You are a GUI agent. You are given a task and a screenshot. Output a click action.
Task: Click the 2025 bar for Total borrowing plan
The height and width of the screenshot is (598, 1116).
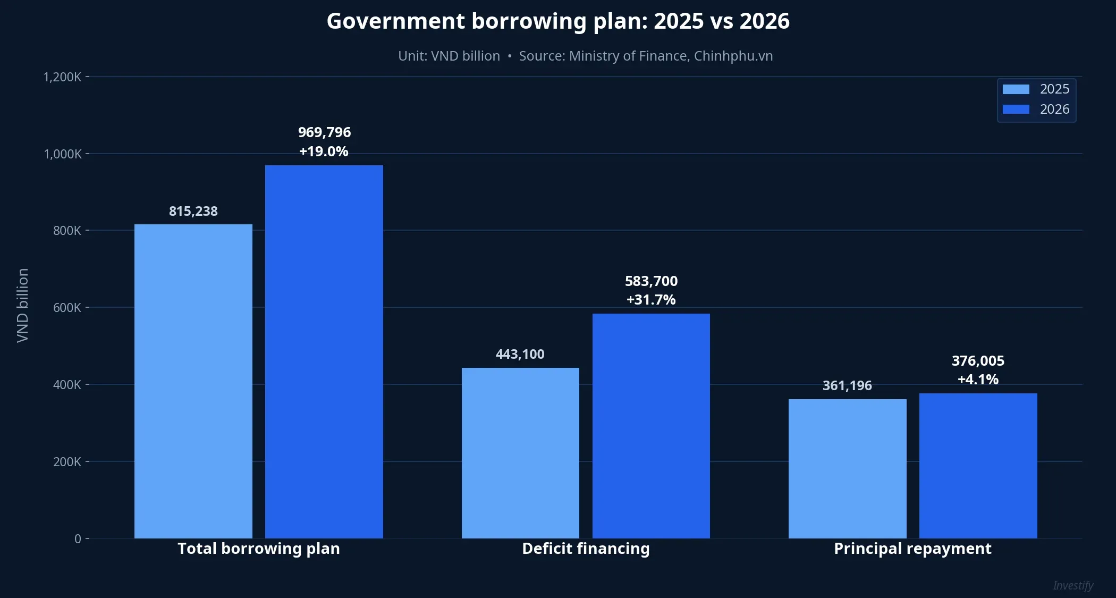(193, 381)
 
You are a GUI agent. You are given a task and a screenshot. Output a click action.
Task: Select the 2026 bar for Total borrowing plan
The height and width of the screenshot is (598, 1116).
(324, 351)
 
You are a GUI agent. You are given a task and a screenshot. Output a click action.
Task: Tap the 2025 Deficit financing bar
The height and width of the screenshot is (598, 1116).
(520, 453)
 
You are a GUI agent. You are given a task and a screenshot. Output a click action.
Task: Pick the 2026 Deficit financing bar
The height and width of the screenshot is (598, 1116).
(651, 426)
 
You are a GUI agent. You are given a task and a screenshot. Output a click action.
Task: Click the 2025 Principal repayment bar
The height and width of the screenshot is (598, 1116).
(847, 468)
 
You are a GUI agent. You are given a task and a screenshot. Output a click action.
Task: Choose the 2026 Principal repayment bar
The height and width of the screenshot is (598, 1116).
(978, 466)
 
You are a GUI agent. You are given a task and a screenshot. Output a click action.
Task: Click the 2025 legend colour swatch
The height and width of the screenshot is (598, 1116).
(1016, 89)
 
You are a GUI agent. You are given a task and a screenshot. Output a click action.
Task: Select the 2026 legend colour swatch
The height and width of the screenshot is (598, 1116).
(1016, 110)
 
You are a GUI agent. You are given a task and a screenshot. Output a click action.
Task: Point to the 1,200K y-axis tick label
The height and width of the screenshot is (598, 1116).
(62, 77)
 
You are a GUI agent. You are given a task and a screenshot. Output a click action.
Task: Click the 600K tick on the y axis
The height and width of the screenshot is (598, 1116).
(67, 308)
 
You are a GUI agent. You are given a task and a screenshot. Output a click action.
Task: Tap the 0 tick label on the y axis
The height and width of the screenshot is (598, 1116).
(78, 539)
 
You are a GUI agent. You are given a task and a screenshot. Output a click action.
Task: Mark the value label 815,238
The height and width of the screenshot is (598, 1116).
(193, 212)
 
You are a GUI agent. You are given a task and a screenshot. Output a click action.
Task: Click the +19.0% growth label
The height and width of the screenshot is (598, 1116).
(324, 151)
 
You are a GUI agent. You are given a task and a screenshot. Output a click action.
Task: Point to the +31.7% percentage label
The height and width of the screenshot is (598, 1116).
(651, 300)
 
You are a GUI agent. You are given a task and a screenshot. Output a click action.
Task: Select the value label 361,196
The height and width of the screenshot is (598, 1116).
(847, 386)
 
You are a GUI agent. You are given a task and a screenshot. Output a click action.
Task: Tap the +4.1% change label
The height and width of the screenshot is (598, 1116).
(978, 380)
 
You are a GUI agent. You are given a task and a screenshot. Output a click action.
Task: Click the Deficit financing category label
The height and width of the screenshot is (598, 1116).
(586, 549)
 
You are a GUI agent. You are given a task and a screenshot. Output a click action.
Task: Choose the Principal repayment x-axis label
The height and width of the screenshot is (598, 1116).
(912, 549)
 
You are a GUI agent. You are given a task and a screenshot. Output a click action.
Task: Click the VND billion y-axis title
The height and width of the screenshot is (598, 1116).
(22, 306)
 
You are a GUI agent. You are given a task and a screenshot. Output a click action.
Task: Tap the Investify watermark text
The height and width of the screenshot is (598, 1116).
(1073, 586)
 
